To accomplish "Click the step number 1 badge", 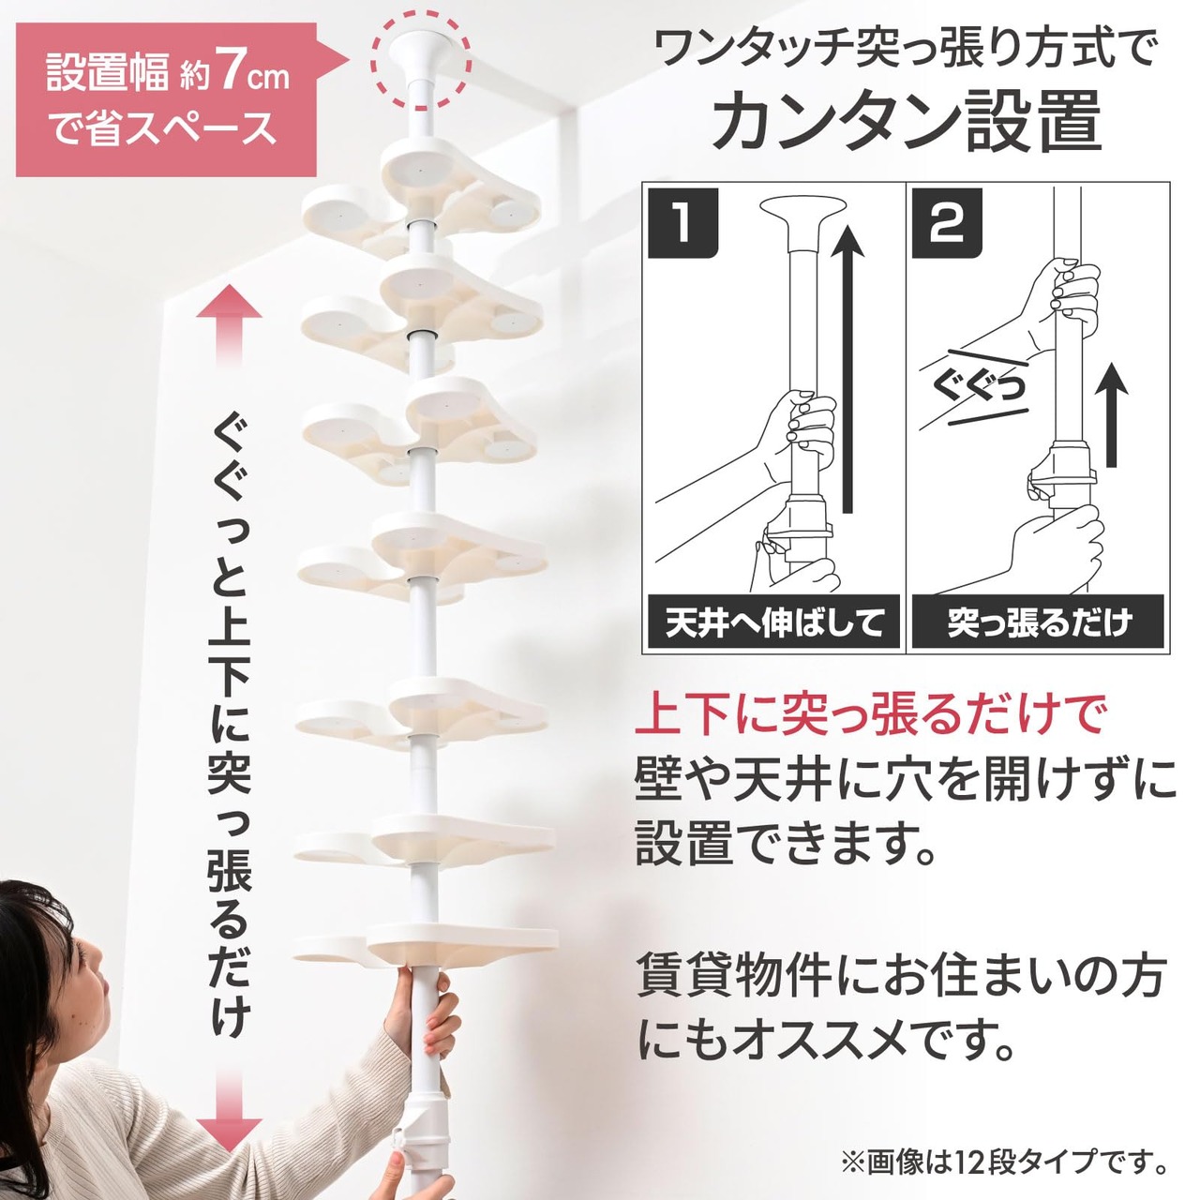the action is [683, 223].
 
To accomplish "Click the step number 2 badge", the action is [947, 223].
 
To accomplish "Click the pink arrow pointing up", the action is [229, 323].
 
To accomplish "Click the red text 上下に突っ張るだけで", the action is [869, 716].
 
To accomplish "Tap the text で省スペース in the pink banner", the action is [163, 127].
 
